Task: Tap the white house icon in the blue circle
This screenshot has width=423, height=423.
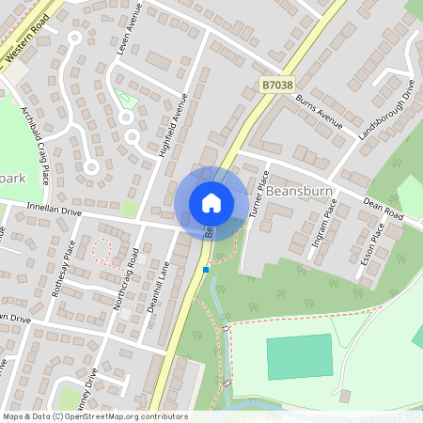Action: (x=211, y=202)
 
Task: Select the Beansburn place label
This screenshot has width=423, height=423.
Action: (x=301, y=189)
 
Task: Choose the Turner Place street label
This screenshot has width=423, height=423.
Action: (x=259, y=195)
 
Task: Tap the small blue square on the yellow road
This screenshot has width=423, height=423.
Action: (x=205, y=270)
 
